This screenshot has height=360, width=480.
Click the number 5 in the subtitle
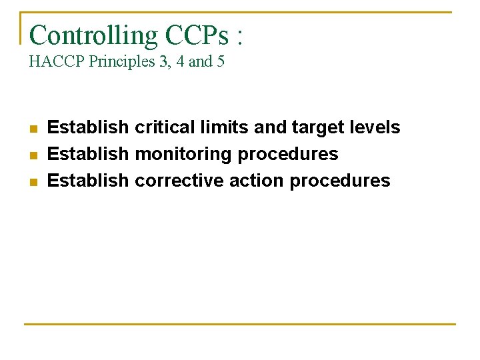(x=221, y=62)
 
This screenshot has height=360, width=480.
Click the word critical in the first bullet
(x=166, y=127)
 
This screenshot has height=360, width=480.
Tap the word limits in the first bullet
(x=224, y=127)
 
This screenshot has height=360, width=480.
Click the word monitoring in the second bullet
(x=183, y=155)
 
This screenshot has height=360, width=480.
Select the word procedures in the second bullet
(x=288, y=155)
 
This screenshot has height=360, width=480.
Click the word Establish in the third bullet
(x=88, y=181)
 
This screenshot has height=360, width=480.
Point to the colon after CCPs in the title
(x=239, y=37)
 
